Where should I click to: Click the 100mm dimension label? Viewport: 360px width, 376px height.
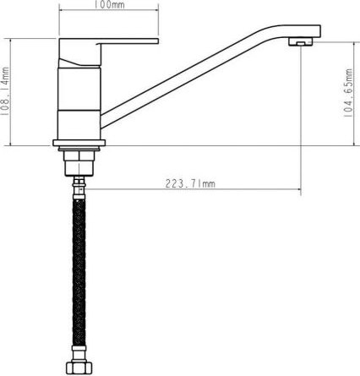tap(108, 7)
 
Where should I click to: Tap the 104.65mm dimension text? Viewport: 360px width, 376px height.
tap(348, 95)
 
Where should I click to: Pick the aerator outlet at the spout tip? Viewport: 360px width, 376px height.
tap(297, 41)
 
